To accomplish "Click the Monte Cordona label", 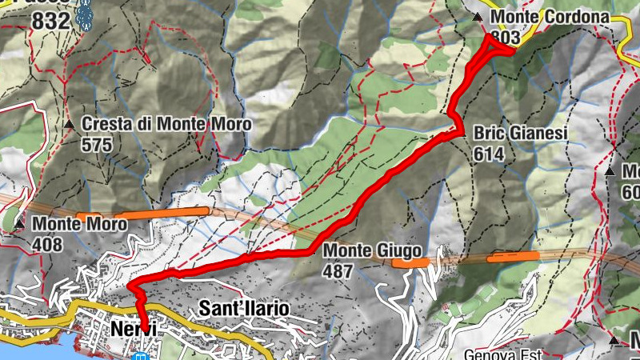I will pos(550,17).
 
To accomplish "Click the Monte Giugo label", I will pos(372,251).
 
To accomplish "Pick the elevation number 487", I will pos(338,271).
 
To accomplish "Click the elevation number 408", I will pos(48,245).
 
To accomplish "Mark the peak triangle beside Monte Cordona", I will pos(478,18).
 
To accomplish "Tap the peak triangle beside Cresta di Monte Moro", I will pos(70,125).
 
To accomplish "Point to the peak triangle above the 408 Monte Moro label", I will pos(19,224).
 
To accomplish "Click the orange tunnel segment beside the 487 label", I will pos(410,262).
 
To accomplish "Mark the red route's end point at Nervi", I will pos(145,325).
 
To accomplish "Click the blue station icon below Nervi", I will pos(142,356).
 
